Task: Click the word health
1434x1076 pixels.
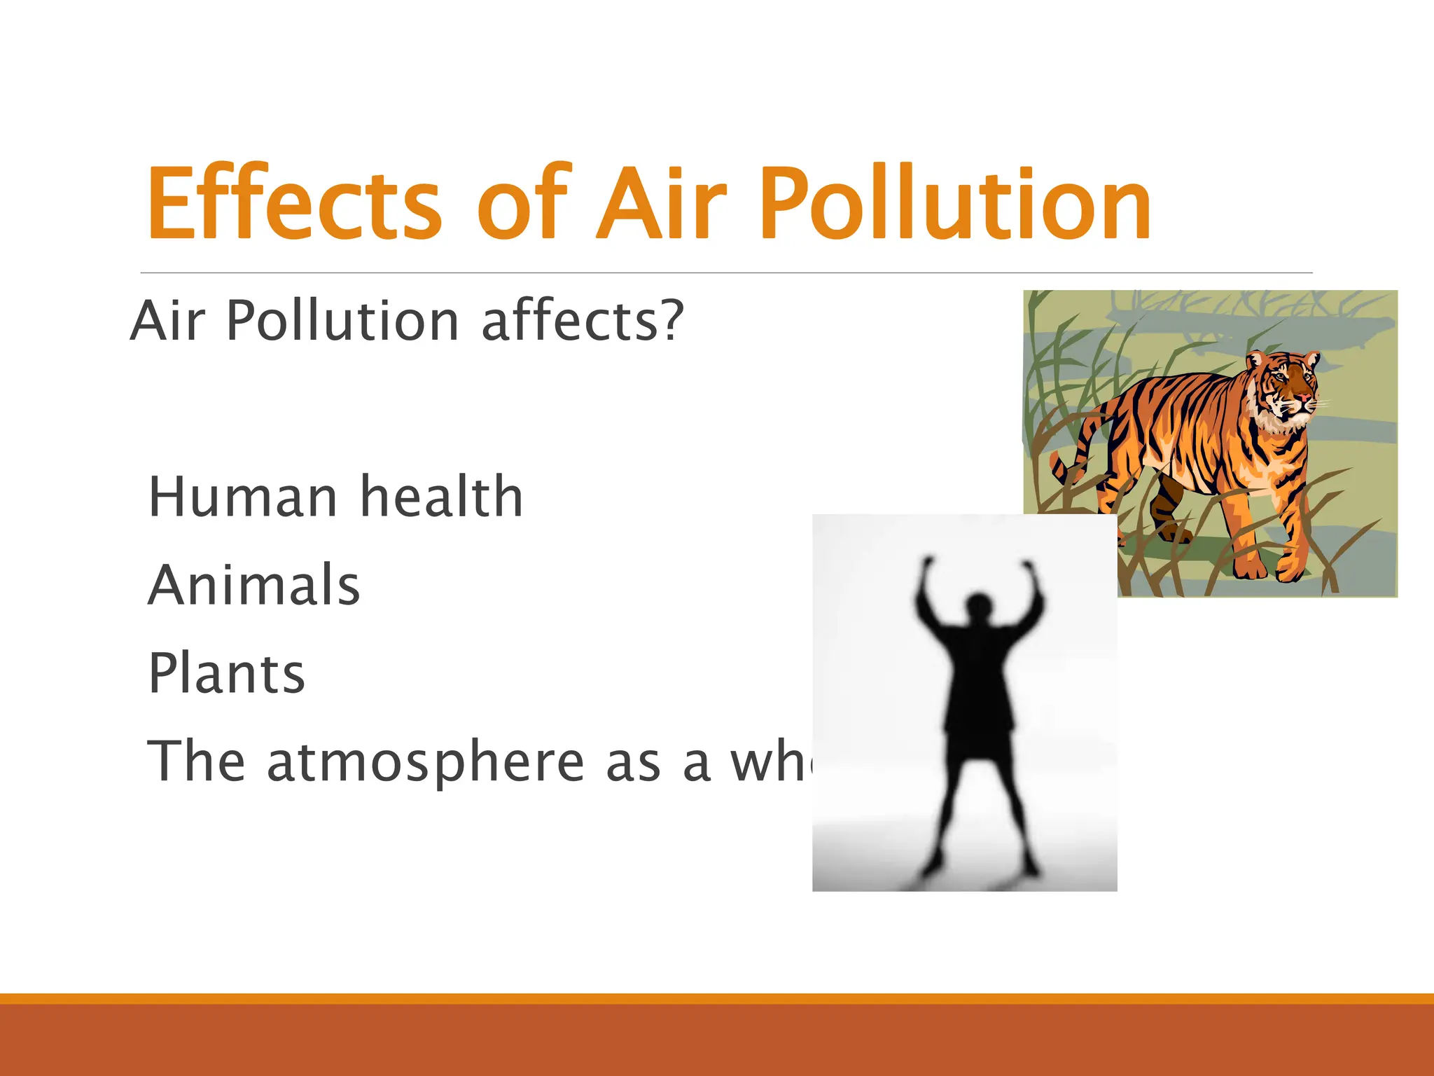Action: (441, 497)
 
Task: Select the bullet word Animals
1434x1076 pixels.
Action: (253, 585)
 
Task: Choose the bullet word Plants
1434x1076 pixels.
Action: (226, 673)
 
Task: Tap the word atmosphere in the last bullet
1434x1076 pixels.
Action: (425, 762)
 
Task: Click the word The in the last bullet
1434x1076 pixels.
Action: (196, 761)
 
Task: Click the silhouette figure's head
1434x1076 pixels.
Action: (979, 605)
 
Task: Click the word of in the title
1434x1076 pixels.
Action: (524, 203)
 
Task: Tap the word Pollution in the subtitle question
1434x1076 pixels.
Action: (343, 320)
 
